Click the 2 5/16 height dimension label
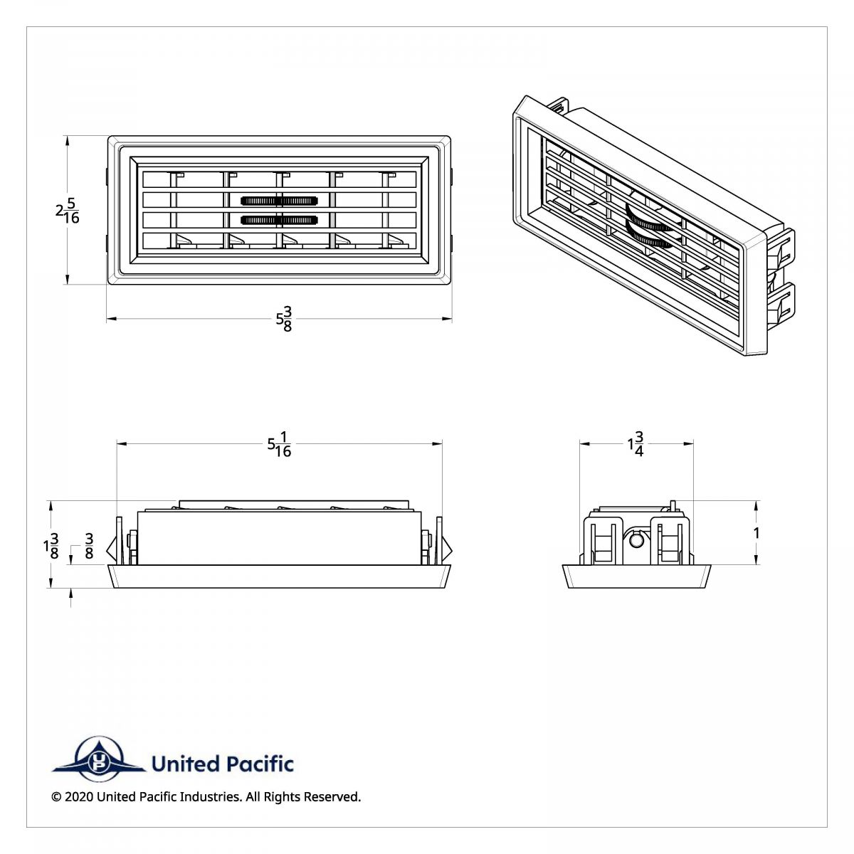[68, 211]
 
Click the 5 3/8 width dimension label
[284, 320]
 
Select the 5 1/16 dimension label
[279, 444]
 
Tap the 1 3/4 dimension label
[636, 444]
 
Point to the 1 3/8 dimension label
[51, 546]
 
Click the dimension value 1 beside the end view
[757, 533]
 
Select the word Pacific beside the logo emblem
[259, 764]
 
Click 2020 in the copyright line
[78, 797]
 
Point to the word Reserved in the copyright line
[332, 797]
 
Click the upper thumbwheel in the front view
[279, 201]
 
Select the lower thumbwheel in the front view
[279, 220]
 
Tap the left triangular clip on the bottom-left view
[111, 549]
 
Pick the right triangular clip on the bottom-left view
[448, 549]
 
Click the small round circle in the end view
[638, 541]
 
